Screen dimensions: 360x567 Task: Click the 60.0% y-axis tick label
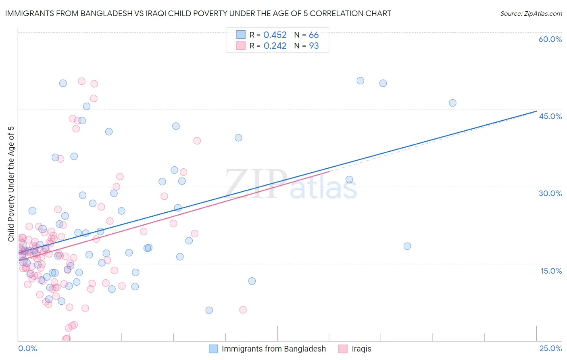click(550, 39)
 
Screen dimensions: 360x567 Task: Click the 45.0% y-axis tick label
click(550, 116)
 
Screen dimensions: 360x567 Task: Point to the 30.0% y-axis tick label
click(550, 193)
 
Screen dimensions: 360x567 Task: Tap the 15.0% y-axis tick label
click(551, 271)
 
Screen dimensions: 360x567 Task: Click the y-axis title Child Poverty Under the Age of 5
click(11, 184)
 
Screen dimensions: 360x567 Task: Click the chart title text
click(198, 14)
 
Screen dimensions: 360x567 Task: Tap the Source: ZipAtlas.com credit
click(531, 14)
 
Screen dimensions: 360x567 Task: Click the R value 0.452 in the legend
click(275, 35)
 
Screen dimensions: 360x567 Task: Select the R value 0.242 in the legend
click(275, 46)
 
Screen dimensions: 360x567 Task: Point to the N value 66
click(314, 35)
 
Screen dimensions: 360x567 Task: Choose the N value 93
click(314, 46)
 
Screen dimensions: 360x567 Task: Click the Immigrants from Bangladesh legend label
click(273, 349)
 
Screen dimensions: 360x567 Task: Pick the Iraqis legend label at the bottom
click(361, 349)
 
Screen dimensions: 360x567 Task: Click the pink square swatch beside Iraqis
click(343, 349)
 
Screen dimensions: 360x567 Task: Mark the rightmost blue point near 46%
click(452, 103)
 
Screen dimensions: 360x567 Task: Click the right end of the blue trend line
click(536, 111)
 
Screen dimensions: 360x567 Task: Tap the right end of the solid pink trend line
click(329, 171)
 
